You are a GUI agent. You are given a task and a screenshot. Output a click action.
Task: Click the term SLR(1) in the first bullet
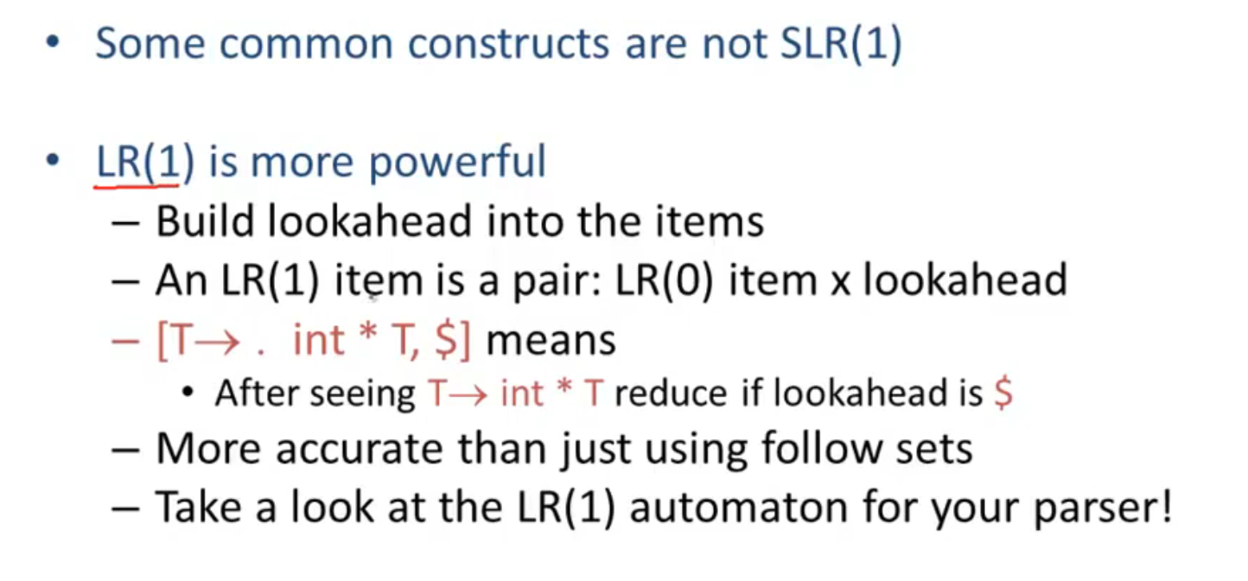pyautogui.click(x=841, y=43)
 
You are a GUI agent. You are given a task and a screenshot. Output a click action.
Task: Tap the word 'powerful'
pyautogui.click(x=457, y=163)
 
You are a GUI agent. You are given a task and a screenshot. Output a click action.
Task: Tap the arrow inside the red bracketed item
pyautogui.click(x=217, y=342)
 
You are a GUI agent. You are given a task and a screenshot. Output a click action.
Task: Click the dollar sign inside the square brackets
pyautogui.click(x=446, y=340)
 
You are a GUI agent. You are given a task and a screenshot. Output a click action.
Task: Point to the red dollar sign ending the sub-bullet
pyautogui.click(x=1003, y=393)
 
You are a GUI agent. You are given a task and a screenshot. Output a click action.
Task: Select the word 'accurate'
pyautogui.click(x=361, y=450)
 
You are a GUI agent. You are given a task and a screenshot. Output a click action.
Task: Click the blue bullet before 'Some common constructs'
pyautogui.click(x=53, y=41)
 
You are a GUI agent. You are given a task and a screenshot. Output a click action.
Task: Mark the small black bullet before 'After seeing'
pyautogui.click(x=188, y=392)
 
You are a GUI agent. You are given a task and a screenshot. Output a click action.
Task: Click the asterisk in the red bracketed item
pyautogui.click(x=368, y=333)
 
